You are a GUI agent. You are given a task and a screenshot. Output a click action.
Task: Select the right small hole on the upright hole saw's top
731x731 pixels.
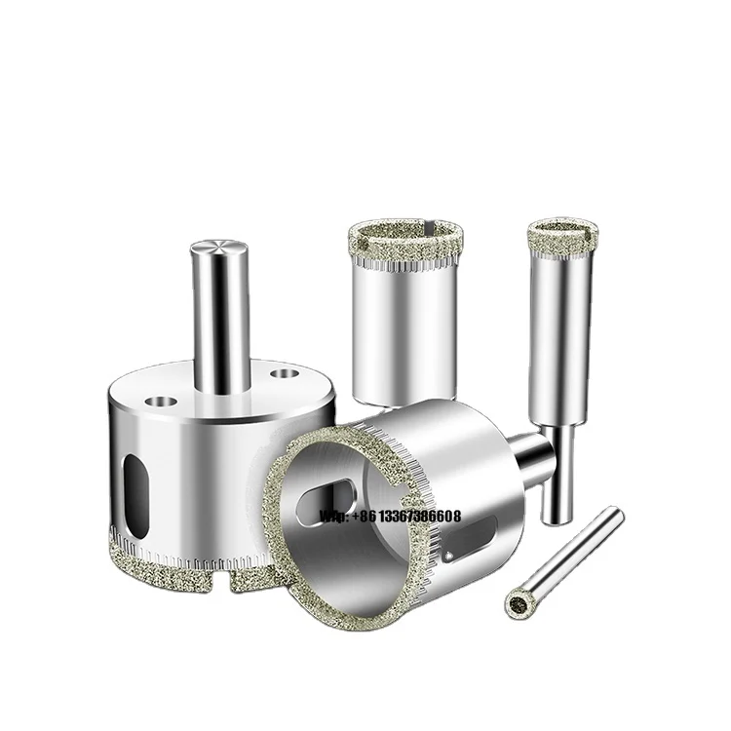tap(284, 372)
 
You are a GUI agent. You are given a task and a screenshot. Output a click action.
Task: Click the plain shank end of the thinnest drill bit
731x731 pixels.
tap(613, 517)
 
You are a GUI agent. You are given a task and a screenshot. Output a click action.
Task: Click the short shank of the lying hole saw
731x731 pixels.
tap(532, 450)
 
